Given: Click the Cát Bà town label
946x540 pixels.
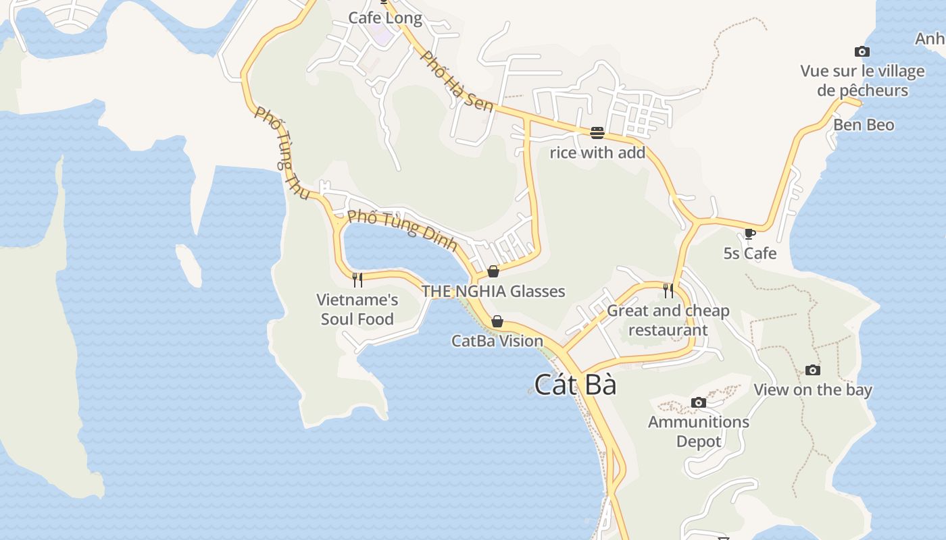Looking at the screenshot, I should coord(575,385).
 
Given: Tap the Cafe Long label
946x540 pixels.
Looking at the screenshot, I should coord(385,18).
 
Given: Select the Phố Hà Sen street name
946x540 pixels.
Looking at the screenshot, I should coord(457,81).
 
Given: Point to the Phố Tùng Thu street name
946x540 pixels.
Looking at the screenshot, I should coord(282,153).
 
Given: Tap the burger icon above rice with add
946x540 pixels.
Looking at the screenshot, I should coord(597,132).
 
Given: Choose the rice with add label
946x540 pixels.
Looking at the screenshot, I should coord(597,153).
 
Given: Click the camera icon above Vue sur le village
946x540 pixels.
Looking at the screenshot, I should coord(862,51).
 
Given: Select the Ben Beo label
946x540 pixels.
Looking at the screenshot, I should coord(863,125).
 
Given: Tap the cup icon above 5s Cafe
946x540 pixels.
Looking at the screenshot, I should coord(749,234).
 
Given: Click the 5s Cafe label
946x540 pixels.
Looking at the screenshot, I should coord(750,254).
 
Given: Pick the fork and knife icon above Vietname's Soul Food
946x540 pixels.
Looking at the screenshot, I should coord(357,279).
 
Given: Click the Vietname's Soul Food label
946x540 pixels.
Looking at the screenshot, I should coord(357,309).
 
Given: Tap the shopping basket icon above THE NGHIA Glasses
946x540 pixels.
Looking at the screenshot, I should coord(493,271).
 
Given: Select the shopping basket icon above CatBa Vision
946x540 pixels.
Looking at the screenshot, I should coord(497,321).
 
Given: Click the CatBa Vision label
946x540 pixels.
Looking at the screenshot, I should coord(497,341).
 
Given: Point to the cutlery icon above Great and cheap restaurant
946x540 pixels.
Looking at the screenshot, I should coord(668,290).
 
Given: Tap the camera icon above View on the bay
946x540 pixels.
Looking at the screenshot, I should coord(813,370).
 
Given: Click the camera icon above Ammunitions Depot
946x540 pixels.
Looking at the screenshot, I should coord(699,403).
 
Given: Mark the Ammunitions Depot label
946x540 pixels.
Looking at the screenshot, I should coord(699,431).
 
